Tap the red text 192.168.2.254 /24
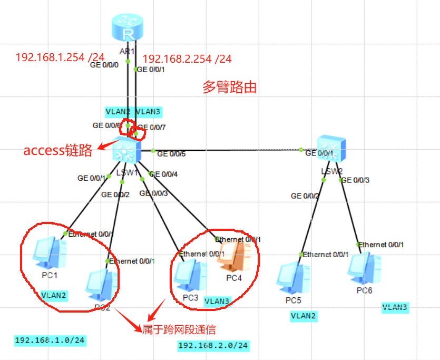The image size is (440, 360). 187,59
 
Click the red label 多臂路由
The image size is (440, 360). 230,87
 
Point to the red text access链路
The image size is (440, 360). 58,151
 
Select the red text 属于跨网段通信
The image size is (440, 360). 179,329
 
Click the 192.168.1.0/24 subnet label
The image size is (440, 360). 50,340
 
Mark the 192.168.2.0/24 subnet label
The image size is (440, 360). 213,346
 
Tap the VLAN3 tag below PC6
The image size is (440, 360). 395,306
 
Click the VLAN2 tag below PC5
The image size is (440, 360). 304,316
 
